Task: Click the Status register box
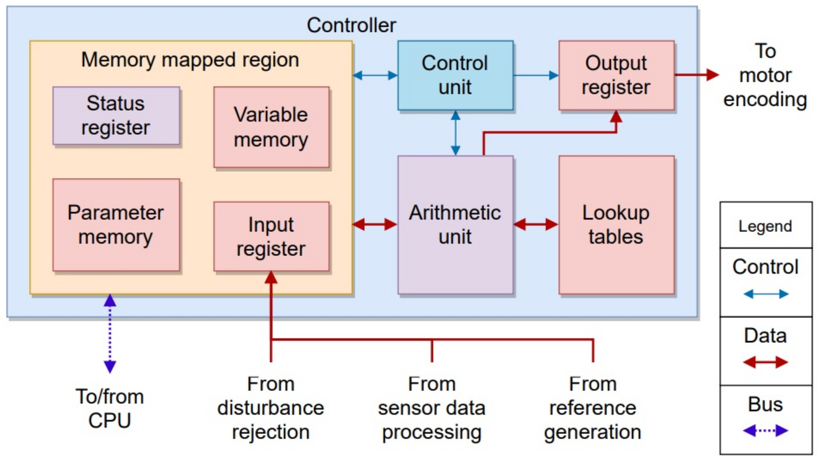point(116,115)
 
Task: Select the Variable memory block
point(271,127)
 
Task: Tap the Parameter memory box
point(116,225)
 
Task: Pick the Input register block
point(271,236)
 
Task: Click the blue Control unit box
point(455,75)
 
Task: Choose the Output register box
point(616,75)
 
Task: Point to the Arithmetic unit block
point(455,225)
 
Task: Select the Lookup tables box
point(616,225)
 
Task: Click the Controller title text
point(351,25)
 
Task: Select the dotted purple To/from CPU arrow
point(110,334)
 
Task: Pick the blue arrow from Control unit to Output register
point(536,75)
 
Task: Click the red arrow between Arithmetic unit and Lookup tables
point(536,225)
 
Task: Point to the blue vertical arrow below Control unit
point(455,133)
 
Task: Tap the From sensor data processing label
point(431,408)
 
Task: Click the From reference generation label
point(593,408)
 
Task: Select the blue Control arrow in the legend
point(766,294)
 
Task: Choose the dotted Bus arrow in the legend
point(766,431)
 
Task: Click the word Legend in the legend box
point(765,226)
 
